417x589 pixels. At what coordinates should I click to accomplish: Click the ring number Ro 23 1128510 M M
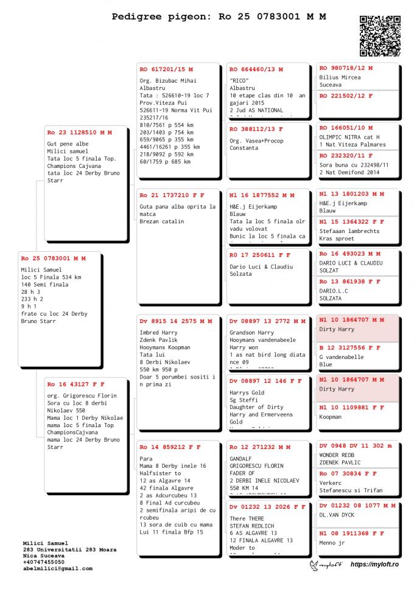[x=79, y=132]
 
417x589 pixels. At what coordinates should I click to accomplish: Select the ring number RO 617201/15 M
[x=166, y=69]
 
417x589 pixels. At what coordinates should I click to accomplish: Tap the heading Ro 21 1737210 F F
[x=172, y=195]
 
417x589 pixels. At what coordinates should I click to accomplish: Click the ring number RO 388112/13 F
[x=256, y=129]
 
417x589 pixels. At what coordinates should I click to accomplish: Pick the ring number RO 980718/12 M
[x=346, y=68]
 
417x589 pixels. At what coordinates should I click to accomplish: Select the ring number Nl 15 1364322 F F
[x=351, y=221]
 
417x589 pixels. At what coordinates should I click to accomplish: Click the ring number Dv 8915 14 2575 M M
[x=176, y=321]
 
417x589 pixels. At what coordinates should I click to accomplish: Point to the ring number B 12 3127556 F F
[x=349, y=347]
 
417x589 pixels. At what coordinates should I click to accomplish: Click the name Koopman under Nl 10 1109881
[x=330, y=417]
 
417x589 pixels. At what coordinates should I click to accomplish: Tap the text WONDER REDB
[x=337, y=455]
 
